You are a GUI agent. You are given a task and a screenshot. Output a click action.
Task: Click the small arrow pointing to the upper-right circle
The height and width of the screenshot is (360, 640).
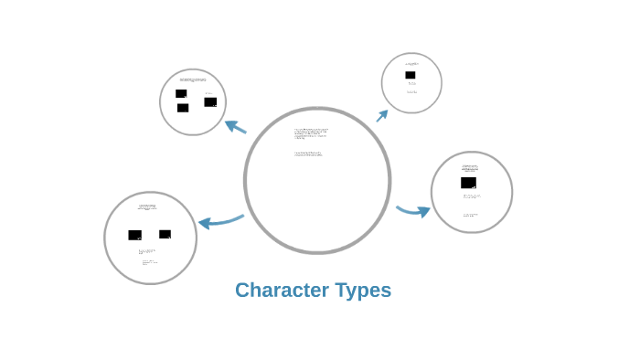(382, 115)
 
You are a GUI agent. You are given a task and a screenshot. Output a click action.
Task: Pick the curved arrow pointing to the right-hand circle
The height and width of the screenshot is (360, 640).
(414, 211)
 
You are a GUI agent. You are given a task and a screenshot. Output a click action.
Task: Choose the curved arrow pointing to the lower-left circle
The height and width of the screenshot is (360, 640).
(219, 220)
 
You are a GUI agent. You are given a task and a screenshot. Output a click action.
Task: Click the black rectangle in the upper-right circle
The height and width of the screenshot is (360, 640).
(411, 75)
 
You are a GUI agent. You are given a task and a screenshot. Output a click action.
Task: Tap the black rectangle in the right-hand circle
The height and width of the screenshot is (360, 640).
(468, 183)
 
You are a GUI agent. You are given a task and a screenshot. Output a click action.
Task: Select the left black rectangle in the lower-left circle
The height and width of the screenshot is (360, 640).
(134, 235)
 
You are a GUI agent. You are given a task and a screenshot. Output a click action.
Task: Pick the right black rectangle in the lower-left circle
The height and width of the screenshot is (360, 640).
(165, 234)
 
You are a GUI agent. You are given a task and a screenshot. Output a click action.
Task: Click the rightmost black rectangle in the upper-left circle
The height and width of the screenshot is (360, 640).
(210, 101)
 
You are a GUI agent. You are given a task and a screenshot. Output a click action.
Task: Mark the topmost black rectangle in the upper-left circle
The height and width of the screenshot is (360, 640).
(181, 93)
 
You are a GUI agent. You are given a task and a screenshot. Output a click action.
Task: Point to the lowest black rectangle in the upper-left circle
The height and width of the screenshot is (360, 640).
(183, 108)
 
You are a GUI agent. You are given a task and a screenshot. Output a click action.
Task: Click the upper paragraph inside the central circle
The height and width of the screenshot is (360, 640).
(311, 134)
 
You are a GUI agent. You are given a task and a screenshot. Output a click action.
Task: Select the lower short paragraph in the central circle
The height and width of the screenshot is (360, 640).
(308, 154)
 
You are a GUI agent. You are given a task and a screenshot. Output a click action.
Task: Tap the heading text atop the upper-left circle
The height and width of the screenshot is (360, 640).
(193, 79)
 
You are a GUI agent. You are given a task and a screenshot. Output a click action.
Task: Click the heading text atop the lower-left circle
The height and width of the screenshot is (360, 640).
(147, 207)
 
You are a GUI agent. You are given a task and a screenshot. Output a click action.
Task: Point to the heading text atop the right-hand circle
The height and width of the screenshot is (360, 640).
(470, 168)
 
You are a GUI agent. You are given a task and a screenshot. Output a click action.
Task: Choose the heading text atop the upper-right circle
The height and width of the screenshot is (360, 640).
(411, 64)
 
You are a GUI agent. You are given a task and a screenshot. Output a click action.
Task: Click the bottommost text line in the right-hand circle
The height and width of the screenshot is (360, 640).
(470, 215)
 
